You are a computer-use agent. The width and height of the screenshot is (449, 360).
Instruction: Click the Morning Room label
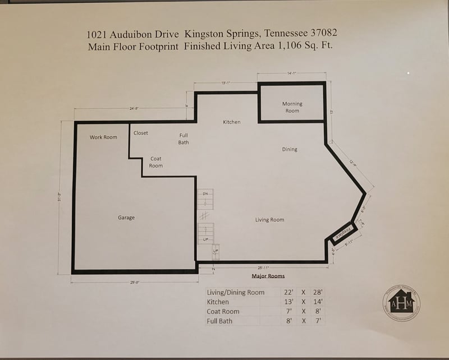[292, 107]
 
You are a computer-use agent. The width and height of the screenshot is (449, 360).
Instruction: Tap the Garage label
[126, 218]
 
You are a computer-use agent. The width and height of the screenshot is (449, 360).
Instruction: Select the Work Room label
[103, 137]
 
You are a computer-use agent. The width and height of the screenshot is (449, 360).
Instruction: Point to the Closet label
[141, 133]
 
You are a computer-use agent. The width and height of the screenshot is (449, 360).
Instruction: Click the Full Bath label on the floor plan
[184, 139]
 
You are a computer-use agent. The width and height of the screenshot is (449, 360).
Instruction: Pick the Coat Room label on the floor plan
[156, 162]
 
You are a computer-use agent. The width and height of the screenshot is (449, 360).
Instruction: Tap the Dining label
[290, 149]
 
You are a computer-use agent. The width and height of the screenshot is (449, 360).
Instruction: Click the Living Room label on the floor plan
[269, 220]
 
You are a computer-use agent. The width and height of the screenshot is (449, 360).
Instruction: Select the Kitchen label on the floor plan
[231, 122]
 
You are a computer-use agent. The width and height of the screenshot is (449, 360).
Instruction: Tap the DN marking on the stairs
[205, 193]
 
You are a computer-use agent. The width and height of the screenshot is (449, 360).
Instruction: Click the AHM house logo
[401, 303]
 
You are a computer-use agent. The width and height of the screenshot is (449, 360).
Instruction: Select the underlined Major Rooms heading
[268, 276]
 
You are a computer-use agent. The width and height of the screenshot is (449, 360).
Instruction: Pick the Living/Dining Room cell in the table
[235, 292]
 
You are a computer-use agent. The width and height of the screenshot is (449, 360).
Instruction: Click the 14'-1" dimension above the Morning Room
[291, 73]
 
